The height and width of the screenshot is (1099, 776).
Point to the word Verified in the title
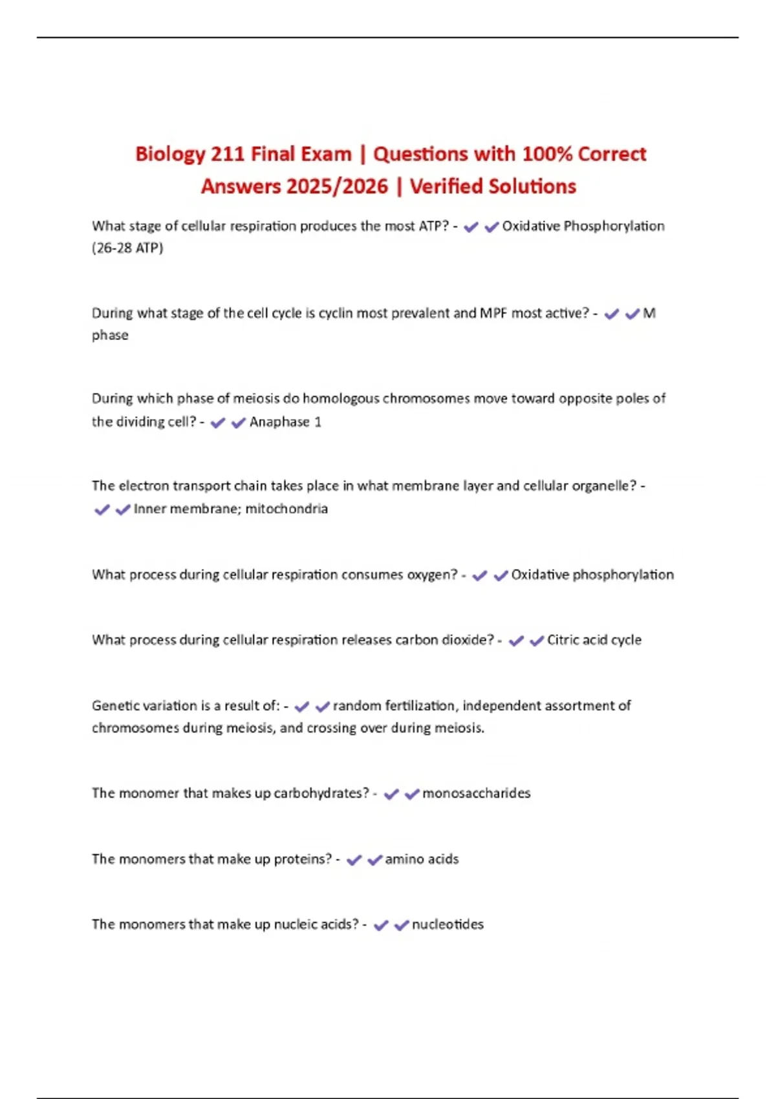(x=449, y=187)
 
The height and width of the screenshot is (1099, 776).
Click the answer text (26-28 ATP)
(x=127, y=248)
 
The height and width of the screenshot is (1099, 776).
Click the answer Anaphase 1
(x=285, y=422)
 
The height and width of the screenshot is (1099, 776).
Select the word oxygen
(x=431, y=575)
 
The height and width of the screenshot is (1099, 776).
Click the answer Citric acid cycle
(x=594, y=640)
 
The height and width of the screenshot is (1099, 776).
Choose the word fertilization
(x=420, y=706)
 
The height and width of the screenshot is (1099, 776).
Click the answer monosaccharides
(x=476, y=793)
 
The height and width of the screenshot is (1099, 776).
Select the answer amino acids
(x=422, y=859)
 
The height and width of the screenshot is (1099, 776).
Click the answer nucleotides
(x=447, y=924)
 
